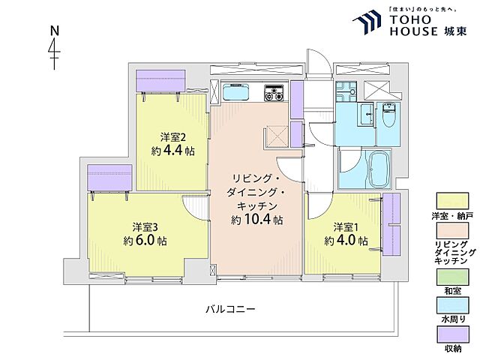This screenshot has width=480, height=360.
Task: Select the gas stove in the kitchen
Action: [x=274, y=94]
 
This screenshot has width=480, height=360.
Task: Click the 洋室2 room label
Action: [x=172, y=136]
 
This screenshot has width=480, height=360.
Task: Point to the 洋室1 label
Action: [x=346, y=226]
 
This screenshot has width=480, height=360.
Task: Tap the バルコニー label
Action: [x=232, y=309]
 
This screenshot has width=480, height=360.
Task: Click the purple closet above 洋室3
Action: [x=109, y=177]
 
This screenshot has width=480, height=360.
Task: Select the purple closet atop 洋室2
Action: [x=160, y=80]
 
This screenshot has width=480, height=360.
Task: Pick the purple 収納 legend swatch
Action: [x=445, y=334]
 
